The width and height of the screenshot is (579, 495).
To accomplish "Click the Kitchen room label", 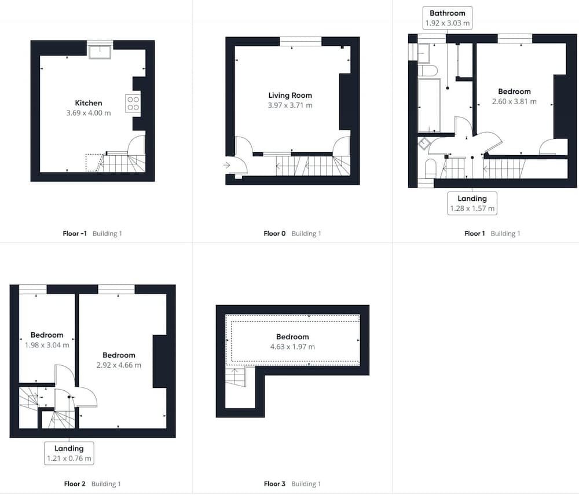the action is click(88, 103).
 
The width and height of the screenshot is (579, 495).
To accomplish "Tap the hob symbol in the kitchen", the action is click(133, 104).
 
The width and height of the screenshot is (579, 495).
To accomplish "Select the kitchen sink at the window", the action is click(100, 52).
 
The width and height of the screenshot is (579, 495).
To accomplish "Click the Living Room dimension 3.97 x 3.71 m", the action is click(290, 105).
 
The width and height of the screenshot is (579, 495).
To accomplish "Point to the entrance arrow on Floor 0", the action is click(227, 165).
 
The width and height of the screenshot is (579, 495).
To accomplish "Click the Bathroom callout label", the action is click(447, 18).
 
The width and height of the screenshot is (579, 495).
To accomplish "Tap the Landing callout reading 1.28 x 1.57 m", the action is click(472, 203).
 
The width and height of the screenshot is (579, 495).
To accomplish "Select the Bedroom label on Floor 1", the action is click(514, 91).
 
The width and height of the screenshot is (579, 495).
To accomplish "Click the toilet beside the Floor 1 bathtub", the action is click(428, 71).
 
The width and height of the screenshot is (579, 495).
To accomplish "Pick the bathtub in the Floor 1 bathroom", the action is click(429, 105).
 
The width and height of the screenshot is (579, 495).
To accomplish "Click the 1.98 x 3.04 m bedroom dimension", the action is click(47, 345).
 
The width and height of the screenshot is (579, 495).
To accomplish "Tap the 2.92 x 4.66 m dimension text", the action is click(119, 365).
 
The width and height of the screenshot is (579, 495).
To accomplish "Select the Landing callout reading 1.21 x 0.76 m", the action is click(69, 453).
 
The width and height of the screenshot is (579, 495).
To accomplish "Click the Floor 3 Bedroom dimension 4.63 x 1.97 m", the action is click(292, 347).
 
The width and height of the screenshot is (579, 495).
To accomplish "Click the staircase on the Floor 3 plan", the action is click(235, 377).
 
